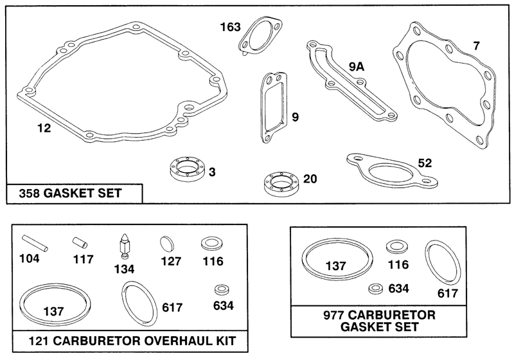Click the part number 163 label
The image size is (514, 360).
tap(230, 27)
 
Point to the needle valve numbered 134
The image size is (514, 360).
tap(124, 247)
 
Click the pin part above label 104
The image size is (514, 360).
tap(35, 243)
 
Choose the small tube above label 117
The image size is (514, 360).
tap(80, 243)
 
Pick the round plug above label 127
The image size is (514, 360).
tap(167, 244)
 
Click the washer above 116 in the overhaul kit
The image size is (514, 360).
tap(212, 244)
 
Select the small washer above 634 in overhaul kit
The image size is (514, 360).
tap(222, 289)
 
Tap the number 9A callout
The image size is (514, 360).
tap(357, 67)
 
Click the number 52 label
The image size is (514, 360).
tap(425, 163)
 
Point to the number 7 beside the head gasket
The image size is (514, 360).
tap(476, 46)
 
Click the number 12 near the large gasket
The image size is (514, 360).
tap(44, 128)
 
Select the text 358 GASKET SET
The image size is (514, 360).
tap(71, 194)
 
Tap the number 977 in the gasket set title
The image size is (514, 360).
tap(333, 316)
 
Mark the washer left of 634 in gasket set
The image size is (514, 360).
tap(376, 289)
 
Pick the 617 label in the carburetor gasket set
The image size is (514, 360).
tap(447, 293)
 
